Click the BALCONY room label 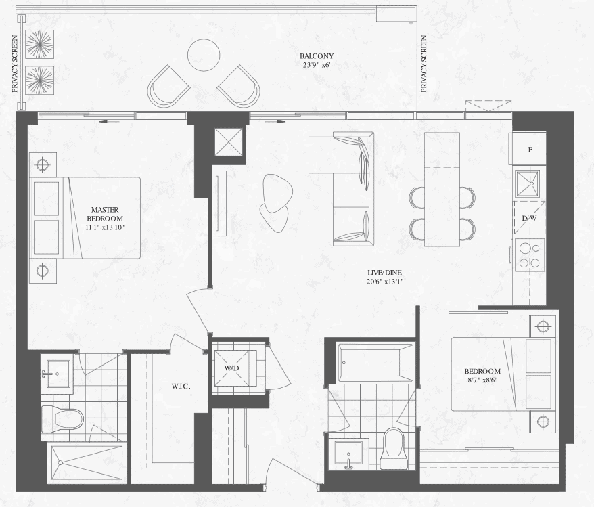(x=317, y=56)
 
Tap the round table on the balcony (x=204, y=55)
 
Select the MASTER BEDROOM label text (x=105, y=214)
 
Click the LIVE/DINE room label (x=384, y=272)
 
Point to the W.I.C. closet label (x=181, y=387)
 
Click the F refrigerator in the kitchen (x=529, y=148)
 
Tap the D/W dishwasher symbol (x=529, y=217)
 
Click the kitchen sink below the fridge (x=527, y=183)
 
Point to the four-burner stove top (x=528, y=255)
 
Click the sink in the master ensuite (x=58, y=374)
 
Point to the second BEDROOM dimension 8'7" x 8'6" (x=482, y=379)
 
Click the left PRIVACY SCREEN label (x=15, y=64)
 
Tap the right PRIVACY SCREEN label (x=424, y=64)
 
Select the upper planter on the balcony (x=39, y=44)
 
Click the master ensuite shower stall (x=87, y=462)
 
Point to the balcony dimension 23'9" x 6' (x=317, y=65)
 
